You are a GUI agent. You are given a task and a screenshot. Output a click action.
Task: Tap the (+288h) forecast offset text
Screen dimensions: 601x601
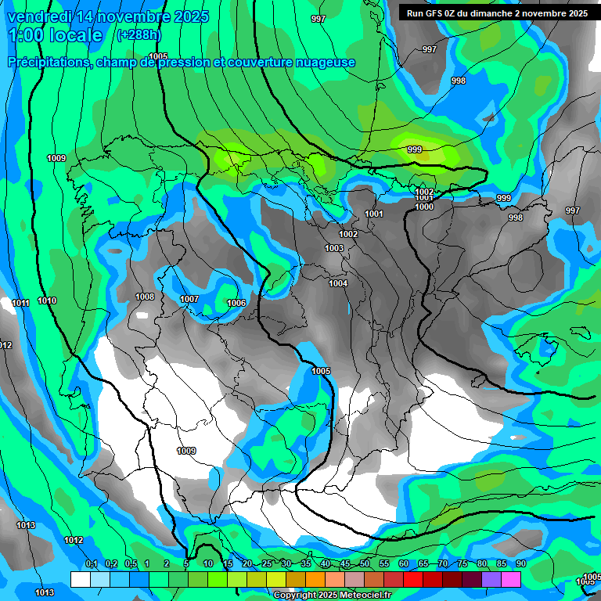coord(139,34)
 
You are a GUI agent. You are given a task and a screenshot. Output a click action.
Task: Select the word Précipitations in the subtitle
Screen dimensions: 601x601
coord(48,62)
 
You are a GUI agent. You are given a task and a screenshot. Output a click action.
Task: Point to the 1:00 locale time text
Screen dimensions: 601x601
coord(55,35)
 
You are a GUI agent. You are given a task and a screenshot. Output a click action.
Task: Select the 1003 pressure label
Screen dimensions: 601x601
coord(334,248)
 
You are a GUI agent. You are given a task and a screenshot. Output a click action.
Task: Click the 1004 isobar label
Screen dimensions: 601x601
coord(338,283)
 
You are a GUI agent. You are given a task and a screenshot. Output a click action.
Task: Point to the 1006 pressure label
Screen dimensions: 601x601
coord(236,303)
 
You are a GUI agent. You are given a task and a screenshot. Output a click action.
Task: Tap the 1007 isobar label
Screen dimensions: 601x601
coord(189,299)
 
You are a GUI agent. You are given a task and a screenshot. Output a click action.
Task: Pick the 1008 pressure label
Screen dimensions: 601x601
coord(145,297)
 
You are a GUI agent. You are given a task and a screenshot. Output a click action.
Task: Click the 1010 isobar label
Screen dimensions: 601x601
coord(47,300)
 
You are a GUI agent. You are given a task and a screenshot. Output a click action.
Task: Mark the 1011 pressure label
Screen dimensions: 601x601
coord(21,303)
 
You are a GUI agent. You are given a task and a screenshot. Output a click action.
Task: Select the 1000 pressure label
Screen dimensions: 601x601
coord(424,207)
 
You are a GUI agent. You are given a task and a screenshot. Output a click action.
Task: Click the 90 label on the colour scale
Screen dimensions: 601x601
coord(520,563)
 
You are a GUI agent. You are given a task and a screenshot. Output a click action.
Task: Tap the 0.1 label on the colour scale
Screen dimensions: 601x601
coord(91,563)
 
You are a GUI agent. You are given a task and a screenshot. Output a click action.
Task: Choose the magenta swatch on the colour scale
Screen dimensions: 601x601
coord(511,579)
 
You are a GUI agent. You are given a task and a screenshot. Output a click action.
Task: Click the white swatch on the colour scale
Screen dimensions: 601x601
coord(80,579)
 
